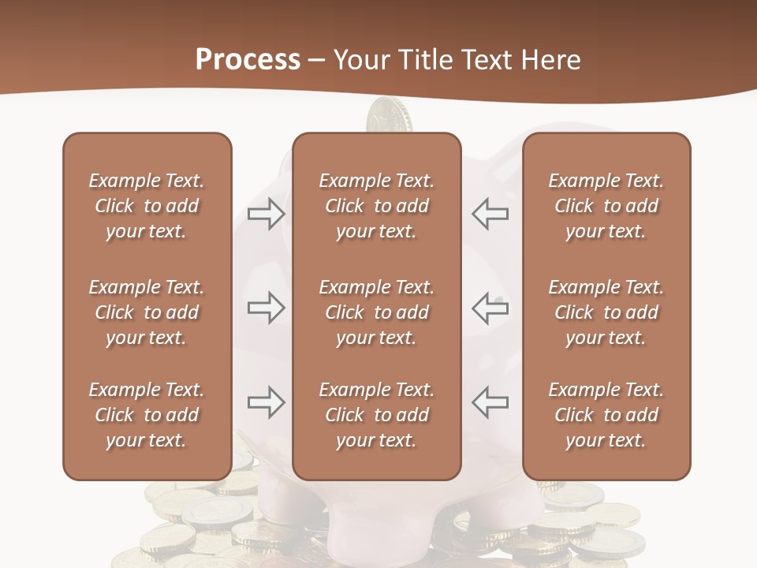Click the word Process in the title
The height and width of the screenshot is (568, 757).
pyautogui.click(x=248, y=60)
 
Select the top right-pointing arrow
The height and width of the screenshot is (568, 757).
pyautogui.click(x=266, y=214)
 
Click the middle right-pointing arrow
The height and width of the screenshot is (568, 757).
pyautogui.click(x=266, y=308)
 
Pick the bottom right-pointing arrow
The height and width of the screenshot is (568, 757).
pyautogui.click(x=266, y=402)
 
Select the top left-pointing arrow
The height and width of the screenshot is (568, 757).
pyautogui.click(x=490, y=214)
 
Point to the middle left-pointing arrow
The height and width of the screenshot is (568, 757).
pyautogui.click(x=490, y=308)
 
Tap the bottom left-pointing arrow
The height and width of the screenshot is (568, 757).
pyautogui.click(x=490, y=402)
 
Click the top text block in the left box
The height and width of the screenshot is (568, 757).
pyautogui.click(x=147, y=206)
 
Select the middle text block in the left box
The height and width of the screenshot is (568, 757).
pyautogui.click(x=147, y=312)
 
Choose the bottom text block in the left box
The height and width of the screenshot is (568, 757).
pyautogui.click(x=147, y=415)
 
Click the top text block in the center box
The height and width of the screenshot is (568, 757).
pyautogui.click(x=376, y=206)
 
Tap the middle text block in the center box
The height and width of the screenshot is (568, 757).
pyautogui.click(x=376, y=312)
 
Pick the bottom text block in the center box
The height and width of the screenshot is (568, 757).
pyautogui.click(x=376, y=415)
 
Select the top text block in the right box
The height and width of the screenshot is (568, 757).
pyautogui.click(x=606, y=206)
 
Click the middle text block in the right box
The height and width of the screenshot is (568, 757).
pyautogui.click(x=606, y=312)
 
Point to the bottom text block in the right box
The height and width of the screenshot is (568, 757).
pyautogui.click(x=606, y=415)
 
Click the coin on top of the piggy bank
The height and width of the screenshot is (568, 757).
pyautogui.click(x=389, y=117)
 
